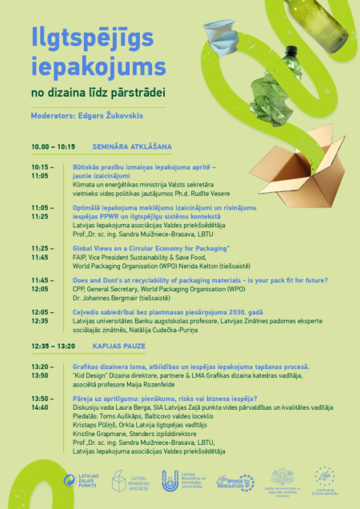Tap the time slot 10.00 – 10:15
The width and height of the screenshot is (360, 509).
[x=53, y=147]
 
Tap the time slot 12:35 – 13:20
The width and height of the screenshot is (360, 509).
[x=53, y=346]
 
